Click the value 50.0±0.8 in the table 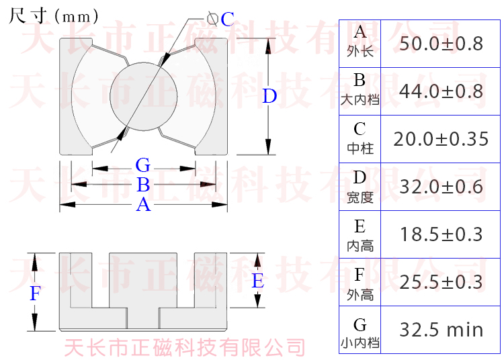point(441,44)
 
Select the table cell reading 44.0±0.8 point(441,91)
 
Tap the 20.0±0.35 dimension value point(441,139)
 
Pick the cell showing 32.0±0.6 point(441,187)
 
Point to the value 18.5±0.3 point(441,234)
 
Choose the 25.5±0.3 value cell point(441,282)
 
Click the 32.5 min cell point(441,330)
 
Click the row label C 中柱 point(360,138)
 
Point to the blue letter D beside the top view point(269,96)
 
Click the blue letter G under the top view point(143,165)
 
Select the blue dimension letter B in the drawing point(143,185)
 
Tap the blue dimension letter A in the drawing point(143,205)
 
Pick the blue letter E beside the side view point(258,281)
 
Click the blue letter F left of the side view point(36,294)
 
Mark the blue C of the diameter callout point(228,19)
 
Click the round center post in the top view point(144,96)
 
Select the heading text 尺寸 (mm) point(53,15)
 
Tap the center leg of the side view point(143,280)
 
